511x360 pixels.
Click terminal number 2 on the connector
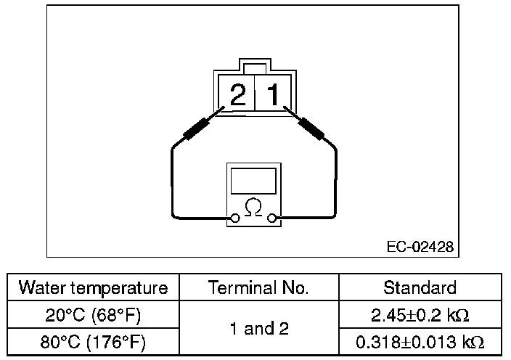tap(237, 95)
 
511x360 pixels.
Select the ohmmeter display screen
tap(253, 181)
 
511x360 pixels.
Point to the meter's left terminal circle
tap(235, 218)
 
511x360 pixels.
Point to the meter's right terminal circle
tap(272, 218)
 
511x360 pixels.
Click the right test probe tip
tap(288, 110)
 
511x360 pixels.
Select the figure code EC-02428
tap(420, 247)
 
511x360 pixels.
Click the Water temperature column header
tap(93, 287)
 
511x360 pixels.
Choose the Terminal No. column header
tap(258, 287)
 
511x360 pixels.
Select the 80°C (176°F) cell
tap(93, 342)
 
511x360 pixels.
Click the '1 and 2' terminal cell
tap(258, 329)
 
